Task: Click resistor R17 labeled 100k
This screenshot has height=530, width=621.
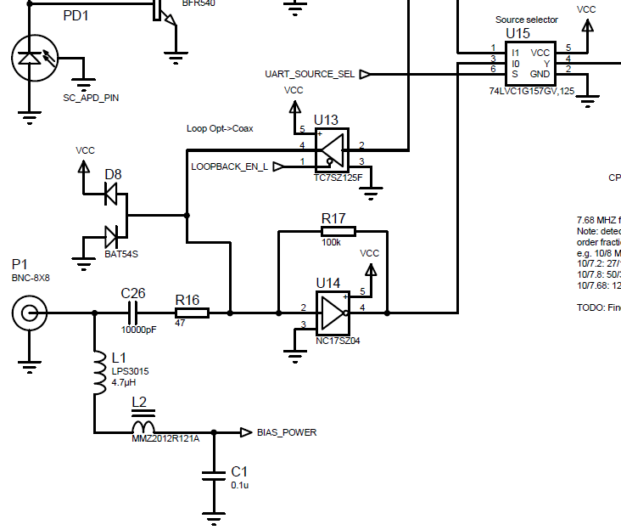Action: (338, 231)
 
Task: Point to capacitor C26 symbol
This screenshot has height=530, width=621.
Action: (132, 313)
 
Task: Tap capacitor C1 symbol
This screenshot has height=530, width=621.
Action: (214, 472)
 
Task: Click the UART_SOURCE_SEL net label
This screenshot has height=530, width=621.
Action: (310, 74)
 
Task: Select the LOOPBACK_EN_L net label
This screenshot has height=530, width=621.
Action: (229, 166)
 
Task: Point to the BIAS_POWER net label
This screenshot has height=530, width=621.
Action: (286, 432)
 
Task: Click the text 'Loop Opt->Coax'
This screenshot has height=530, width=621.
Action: (220, 129)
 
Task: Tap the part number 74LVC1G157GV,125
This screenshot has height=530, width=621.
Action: (532, 90)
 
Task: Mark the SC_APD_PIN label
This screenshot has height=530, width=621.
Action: (91, 98)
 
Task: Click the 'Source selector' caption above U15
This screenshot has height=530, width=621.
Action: (526, 20)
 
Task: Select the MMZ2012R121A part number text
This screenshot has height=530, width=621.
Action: (165, 439)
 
